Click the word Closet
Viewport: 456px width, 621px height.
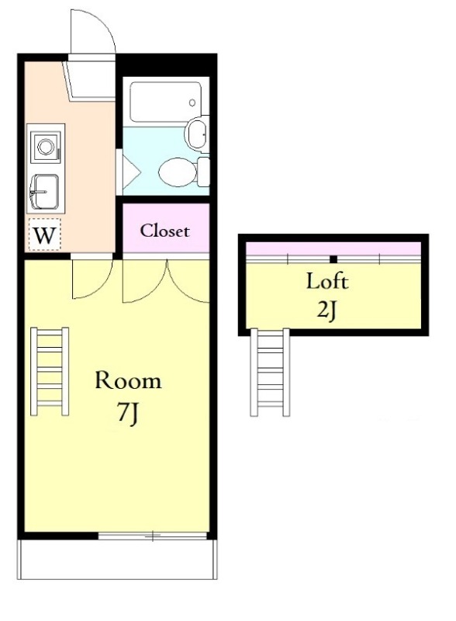point(164,231)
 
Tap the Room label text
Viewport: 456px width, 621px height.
point(128,380)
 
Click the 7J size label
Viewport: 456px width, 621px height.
point(128,413)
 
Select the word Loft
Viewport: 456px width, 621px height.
point(327,281)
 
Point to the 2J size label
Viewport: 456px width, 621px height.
point(327,311)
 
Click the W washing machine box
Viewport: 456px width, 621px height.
point(44,234)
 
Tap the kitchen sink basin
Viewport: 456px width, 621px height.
point(44,192)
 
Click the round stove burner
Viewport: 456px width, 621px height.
point(46,147)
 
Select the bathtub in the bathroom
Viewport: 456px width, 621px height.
point(165,102)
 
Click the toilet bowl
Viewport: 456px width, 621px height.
point(178,172)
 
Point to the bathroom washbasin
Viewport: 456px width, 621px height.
point(197,134)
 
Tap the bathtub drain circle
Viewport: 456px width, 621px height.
point(192,103)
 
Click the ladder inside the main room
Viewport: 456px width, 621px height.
point(50,371)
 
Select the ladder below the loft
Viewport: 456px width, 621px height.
point(270,373)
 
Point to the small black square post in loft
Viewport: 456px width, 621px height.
point(333,259)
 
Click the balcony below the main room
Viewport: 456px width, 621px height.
point(117,560)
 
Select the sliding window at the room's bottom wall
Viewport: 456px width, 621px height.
point(153,536)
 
